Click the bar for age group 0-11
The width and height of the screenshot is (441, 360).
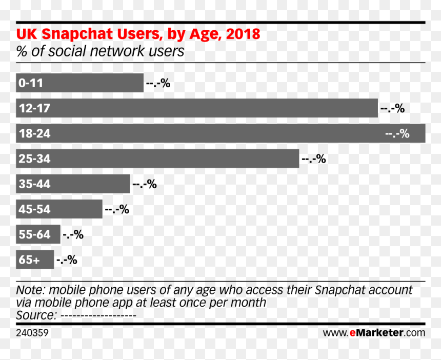pyautogui.click(x=79, y=83)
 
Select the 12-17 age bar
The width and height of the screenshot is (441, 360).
pyautogui.click(x=197, y=108)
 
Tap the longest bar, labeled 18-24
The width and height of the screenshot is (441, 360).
pyautogui.click(x=221, y=133)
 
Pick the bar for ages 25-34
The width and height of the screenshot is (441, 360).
pyautogui.click(x=157, y=158)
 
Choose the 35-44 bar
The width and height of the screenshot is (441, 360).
pyautogui.click(x=73, y=184)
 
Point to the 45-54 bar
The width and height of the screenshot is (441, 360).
pyautogui.click(x=59, y=209)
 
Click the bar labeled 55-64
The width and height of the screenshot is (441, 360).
pyautogui.click(x=38, y=234)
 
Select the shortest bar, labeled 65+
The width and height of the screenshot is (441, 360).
pyautogui.click(x=35, y=259)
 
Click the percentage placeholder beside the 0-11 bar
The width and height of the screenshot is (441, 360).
pyautogui.click(x=158, y=83)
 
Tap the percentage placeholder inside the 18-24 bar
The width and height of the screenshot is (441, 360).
pyautogui.click(x=397, y=134)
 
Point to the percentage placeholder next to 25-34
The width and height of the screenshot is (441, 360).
pyautogui.click(x=314, y=159)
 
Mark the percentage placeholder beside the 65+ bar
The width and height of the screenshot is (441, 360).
pyautogui.click(x=67, y=259)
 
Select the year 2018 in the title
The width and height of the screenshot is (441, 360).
pyautogui.click(x=243, y=34)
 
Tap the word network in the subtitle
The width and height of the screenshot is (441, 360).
pyautogui.click(x=117, y=51)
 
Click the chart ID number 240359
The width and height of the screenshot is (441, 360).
pyautogui.click(x=32, y=333)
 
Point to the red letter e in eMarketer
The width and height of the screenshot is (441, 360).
pyautogui.click(x=353, y=333)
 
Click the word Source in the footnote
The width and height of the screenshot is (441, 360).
pyautogui.click(x=36, y=315)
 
